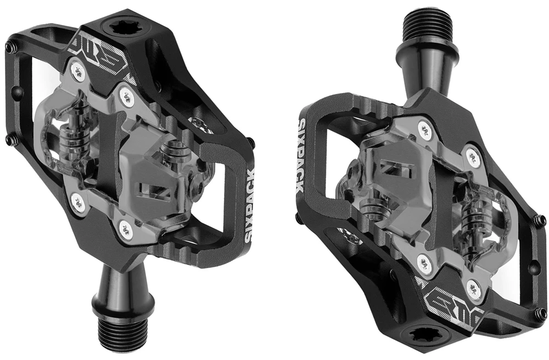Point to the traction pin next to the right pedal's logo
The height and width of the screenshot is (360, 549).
click(x=541, y=313)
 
